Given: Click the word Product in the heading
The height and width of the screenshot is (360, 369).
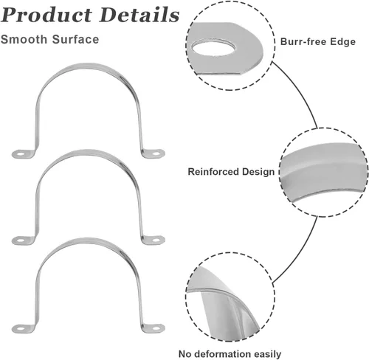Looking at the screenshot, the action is point(46,15).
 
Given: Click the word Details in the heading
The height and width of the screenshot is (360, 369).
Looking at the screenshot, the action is point(139,15).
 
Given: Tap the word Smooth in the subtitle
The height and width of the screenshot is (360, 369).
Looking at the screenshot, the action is point(24,39).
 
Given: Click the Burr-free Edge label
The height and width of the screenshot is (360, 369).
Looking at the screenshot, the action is point(318,42).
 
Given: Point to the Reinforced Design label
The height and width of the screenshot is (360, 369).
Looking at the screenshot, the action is point(231,172).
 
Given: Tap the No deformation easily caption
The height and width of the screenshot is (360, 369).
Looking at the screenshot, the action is point(230,354).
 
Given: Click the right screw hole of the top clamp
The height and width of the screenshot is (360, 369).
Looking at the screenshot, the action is point(156,154).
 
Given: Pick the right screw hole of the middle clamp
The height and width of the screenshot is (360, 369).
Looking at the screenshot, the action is point(156,239).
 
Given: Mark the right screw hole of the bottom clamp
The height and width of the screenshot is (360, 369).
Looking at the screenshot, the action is point(156,328).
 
